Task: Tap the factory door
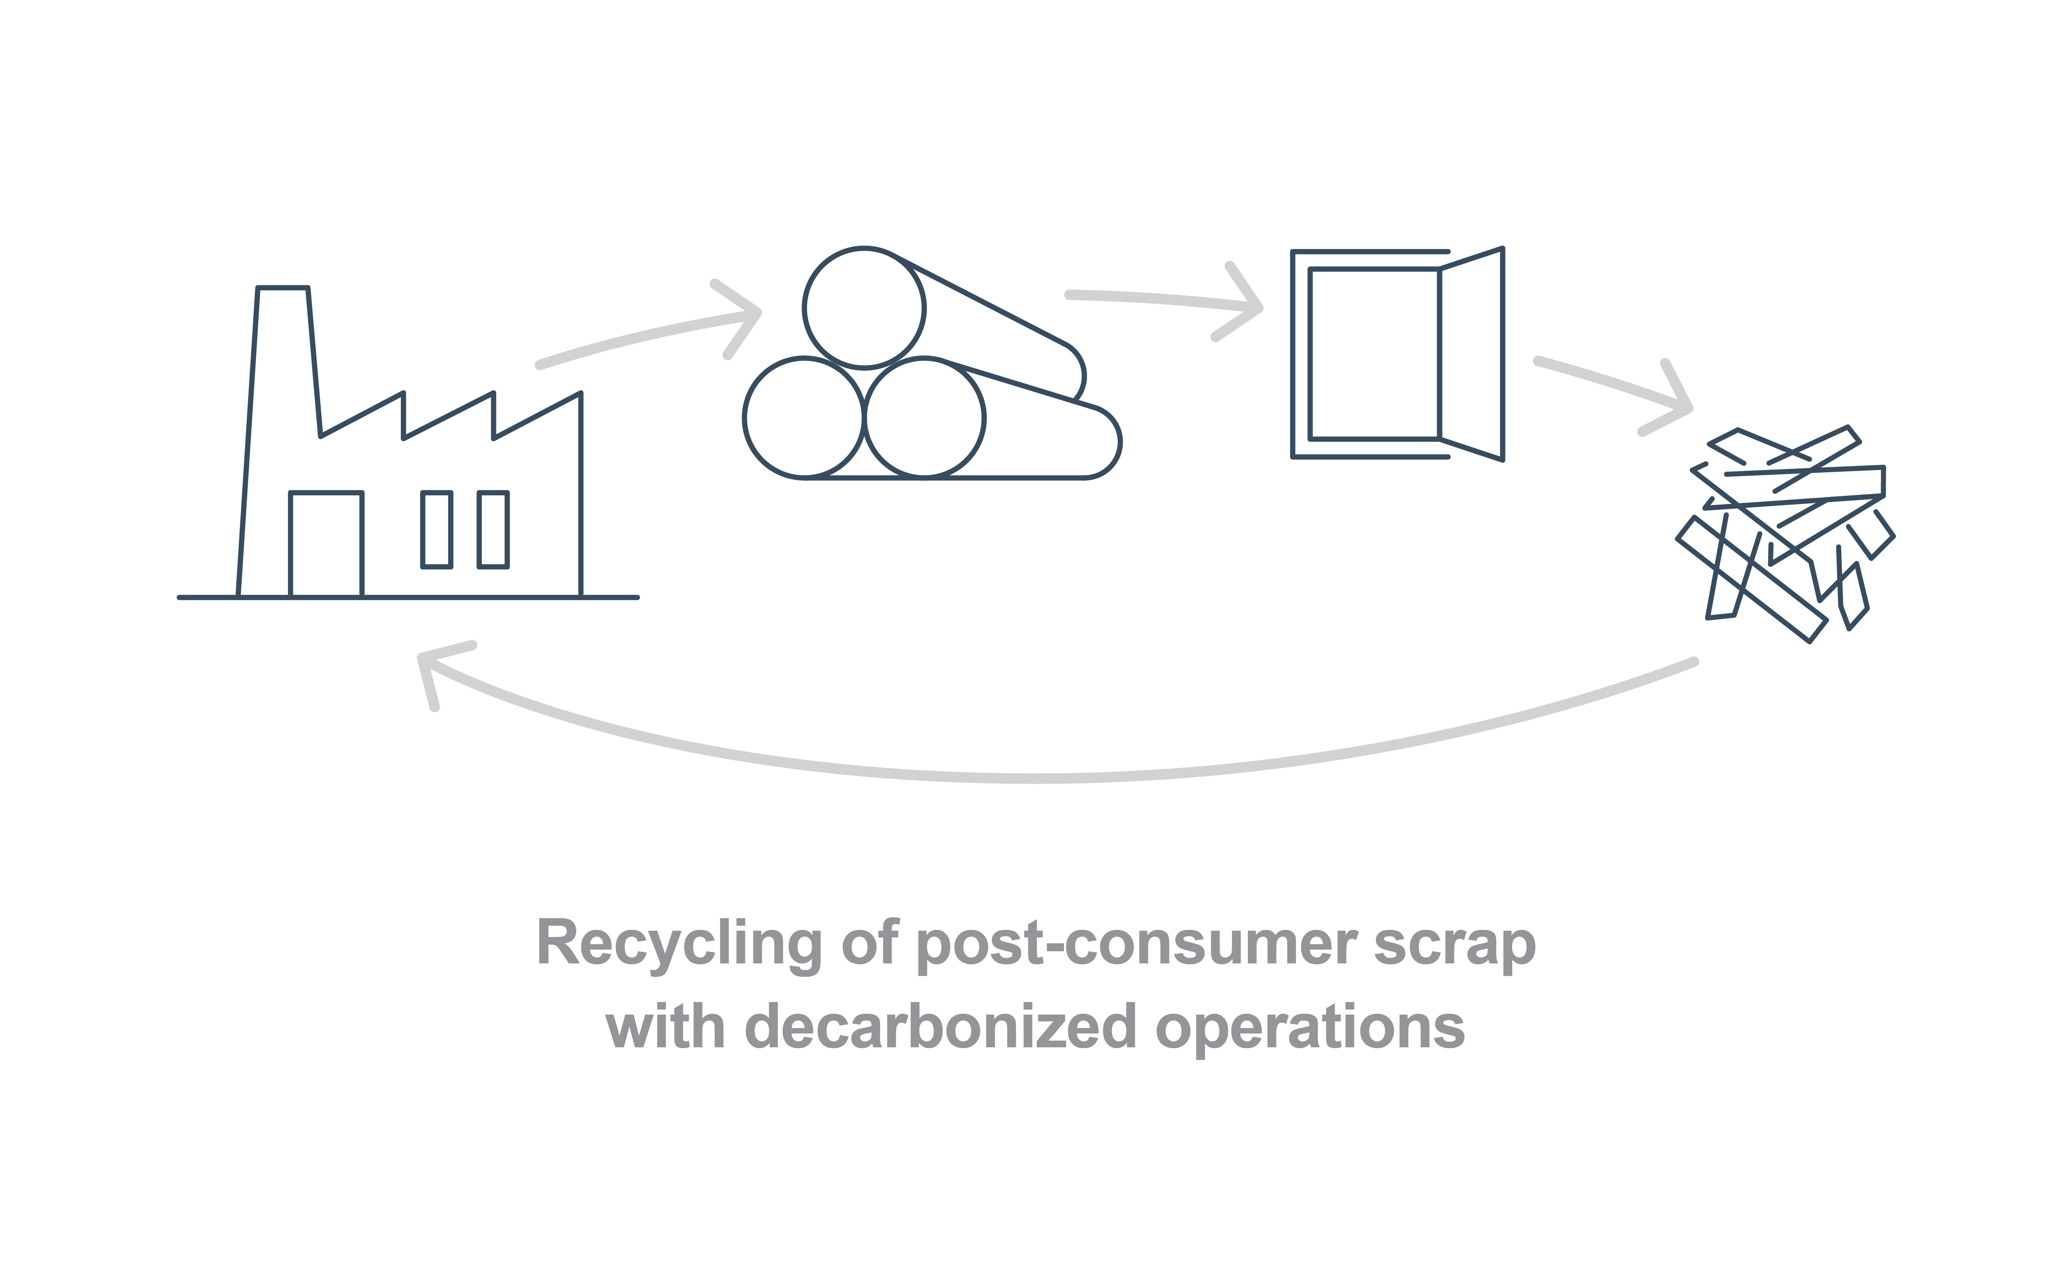[x=326, y=544]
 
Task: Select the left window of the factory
[x=437, y=529]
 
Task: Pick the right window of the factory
[x=493, y=529]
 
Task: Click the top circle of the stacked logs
[x=864, y=307]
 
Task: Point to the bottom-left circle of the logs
[x=804, y=417]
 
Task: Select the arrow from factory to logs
[x=649, y=335]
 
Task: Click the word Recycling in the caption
[x=679, y=944]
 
